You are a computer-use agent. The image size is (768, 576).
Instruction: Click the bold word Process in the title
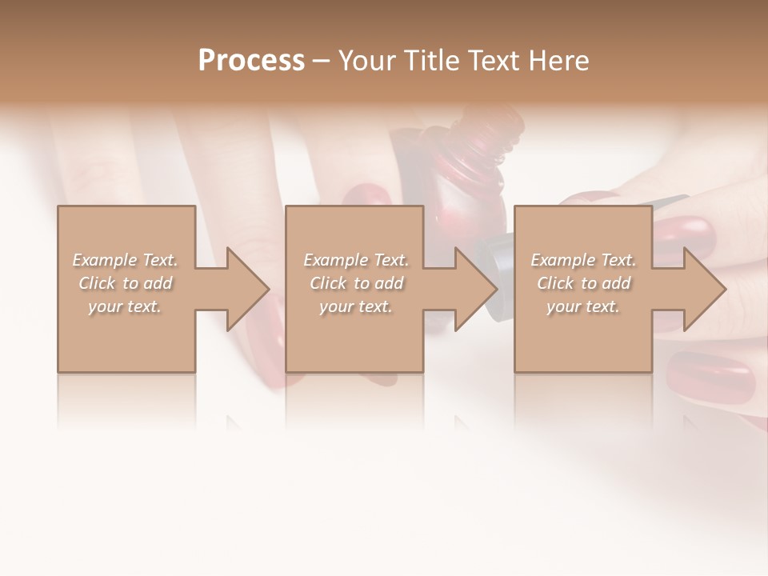point(251,61)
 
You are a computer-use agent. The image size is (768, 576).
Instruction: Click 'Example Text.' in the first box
point(125,260)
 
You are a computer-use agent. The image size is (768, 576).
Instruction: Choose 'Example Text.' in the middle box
point(356,260)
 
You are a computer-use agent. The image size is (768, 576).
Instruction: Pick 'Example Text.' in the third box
point(583,260)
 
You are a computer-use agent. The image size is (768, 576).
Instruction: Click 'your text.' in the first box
point(125,306)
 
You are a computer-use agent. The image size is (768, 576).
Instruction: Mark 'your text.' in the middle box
point(356,306)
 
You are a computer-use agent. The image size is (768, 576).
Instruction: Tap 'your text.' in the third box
point(583,306)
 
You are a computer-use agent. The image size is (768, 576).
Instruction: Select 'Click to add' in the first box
point(125,283)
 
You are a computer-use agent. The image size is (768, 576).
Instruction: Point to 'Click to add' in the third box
point(583,283)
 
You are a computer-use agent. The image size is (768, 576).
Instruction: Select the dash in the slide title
point(322,62)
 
